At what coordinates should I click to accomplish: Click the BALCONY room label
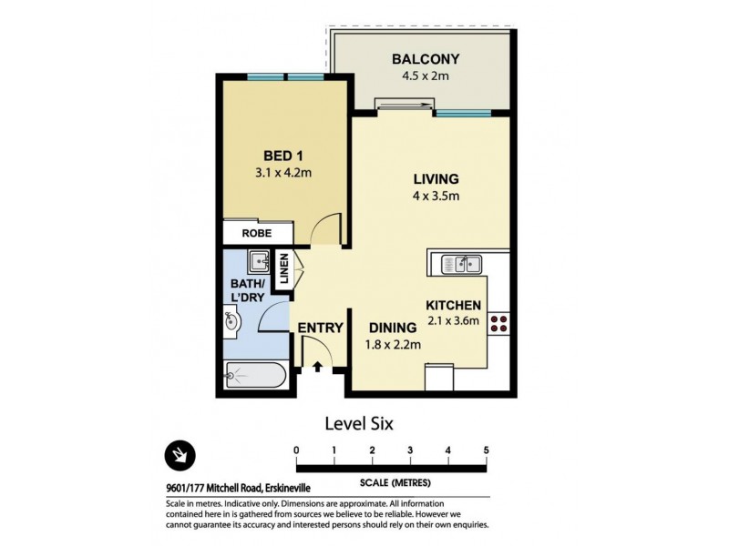420,59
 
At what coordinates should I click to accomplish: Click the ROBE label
256,233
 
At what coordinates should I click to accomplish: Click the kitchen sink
461,265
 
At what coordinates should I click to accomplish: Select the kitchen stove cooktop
498,325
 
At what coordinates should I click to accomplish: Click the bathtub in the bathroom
256,375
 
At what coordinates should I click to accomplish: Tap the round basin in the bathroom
231,320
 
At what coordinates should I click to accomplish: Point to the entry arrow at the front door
317,367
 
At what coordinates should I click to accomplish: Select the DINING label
393,328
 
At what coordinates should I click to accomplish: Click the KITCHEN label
453,306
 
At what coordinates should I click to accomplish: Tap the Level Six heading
358,423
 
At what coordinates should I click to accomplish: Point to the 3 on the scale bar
410,450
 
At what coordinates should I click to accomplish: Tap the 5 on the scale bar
487,450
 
